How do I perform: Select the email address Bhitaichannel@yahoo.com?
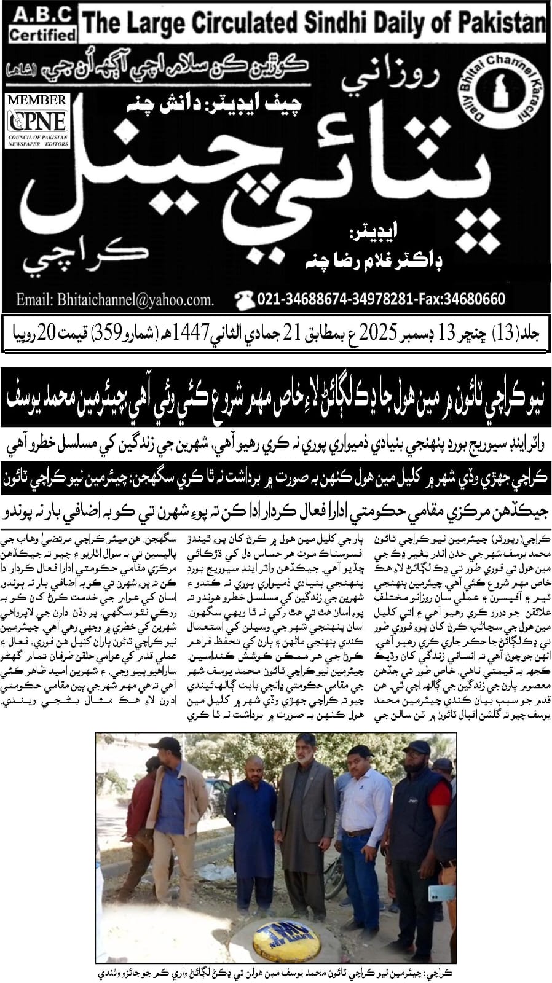point(115,300)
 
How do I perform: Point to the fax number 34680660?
point(477,299)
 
